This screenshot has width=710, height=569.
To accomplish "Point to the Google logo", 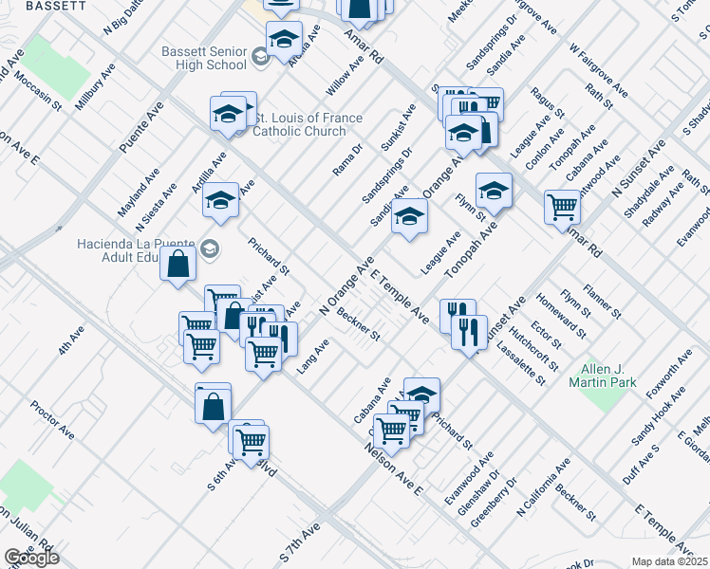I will coord(30,558).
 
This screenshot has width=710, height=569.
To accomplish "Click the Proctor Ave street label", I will coord(52,419).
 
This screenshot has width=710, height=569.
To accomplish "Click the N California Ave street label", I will coord(543,487).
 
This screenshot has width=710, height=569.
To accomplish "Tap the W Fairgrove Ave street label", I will coord(598,70).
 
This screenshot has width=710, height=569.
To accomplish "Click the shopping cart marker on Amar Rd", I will coord(562,206).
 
